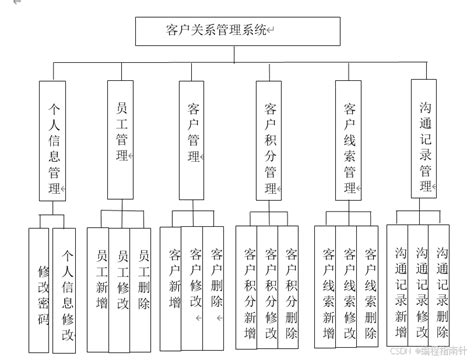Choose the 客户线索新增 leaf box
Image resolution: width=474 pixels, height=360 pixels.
[327, 280]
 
